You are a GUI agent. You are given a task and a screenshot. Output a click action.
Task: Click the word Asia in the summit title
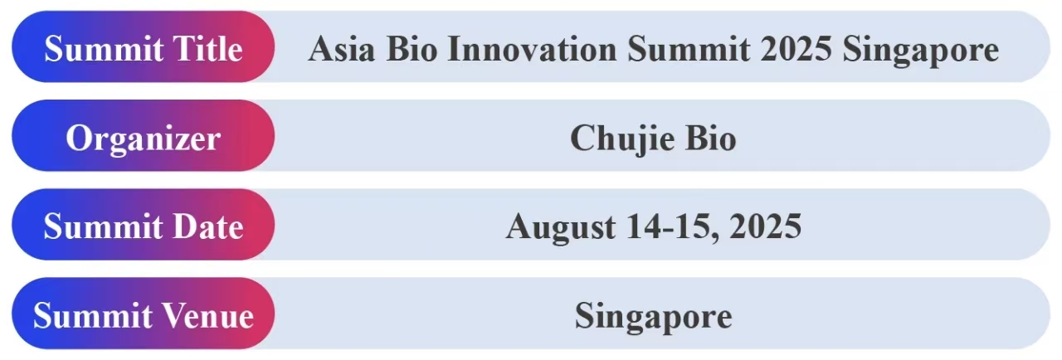pos(341,49)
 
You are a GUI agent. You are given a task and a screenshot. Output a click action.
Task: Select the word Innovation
pos(532,49)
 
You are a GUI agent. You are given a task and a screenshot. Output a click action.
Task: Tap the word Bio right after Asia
pos(412,49)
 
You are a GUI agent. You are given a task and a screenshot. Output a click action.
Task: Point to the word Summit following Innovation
pos(689,49)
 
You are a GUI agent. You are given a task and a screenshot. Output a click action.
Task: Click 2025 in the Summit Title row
pos(796,49)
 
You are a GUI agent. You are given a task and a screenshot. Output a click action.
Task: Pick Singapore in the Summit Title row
pos(921,51)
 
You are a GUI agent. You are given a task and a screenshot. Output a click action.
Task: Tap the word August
pos(561,228)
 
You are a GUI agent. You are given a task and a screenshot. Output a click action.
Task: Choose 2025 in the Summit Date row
pos(766,226)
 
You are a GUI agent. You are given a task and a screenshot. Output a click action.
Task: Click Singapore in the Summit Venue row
pos(654,318)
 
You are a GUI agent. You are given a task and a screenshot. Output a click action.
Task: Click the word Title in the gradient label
pos(207,49)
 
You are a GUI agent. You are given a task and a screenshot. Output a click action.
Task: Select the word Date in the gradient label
pos(207,226)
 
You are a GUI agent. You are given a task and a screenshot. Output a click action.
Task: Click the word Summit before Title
pos(104,49)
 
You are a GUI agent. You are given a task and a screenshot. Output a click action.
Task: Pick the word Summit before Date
pos(104,226)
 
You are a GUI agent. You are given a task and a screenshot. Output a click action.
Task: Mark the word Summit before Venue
pos(93,315)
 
